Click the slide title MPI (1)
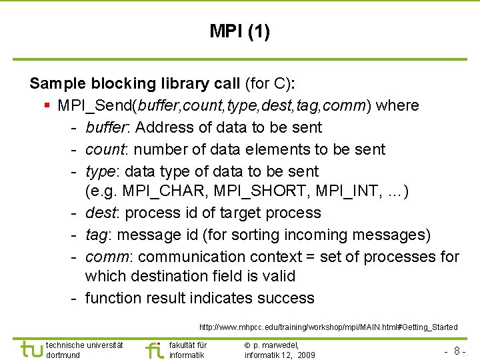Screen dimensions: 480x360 pos(239,31)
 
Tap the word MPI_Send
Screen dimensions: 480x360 pos(93,105)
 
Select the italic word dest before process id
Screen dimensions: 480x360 pos(100,213)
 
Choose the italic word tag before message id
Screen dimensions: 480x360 pos(97,235)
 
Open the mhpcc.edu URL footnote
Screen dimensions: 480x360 pos(328,327)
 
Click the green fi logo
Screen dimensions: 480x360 pos(154,349)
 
